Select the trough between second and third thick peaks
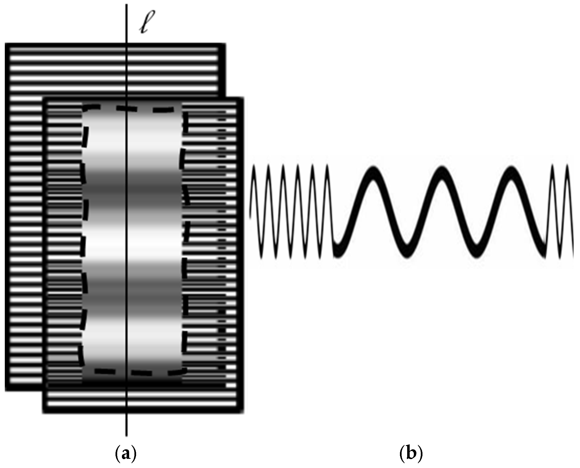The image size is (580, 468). pos(476,252)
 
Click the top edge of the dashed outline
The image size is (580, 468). pos(134,108)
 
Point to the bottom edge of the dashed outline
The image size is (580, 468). pos(134,372)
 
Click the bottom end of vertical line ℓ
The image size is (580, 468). pos(127,435)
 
